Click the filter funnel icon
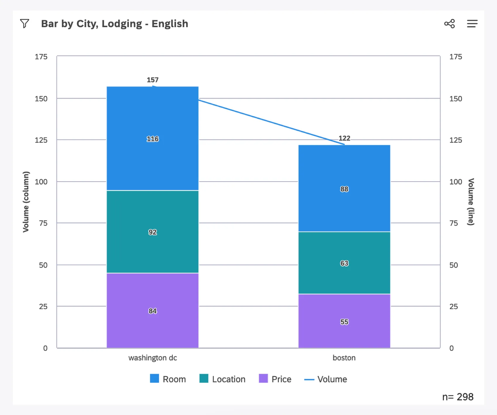25,23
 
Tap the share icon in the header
449,24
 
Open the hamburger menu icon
472,24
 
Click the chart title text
114,24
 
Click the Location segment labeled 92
152,232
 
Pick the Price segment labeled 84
152,311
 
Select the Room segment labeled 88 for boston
344,189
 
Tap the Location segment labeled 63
344,263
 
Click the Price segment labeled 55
344,322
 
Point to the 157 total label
152,80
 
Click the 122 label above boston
344,138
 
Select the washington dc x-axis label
152,358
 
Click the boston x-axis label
344,358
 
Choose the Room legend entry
168,379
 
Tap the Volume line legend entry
326,379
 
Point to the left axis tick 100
41,182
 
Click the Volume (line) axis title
470,202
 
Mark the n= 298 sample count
458,397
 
